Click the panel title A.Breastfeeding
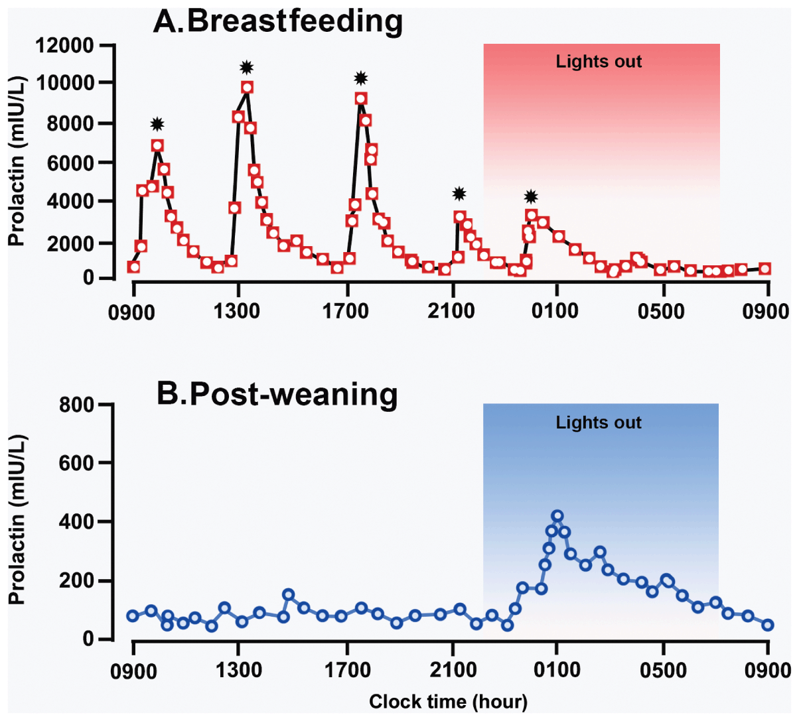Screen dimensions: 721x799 (x=277, y=21)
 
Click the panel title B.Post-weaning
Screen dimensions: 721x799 (x=277, y=394)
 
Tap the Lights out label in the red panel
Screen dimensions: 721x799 (x=599, y=62)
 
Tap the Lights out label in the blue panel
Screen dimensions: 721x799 (x=599, y=423)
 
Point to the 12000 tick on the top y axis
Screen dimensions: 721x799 (x=64, y=46)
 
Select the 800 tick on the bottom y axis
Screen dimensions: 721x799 (x=76, y=405)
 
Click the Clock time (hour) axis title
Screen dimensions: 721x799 (x=448, y=702)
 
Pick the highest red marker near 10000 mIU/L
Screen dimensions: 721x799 (x=248, y=88)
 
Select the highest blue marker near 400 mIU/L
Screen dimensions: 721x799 (x=557, y=516)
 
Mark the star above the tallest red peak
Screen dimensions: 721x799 (x=247, y=67)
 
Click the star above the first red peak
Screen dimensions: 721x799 (x=157, y=124)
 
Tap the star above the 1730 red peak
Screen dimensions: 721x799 (x=360, y=78)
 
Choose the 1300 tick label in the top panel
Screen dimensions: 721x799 (x=237, y=311)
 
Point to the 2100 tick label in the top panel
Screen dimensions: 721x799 (x=451, y=311)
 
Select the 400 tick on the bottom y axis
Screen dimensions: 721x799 (x=76, y=522)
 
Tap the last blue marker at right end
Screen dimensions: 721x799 (x=768, y=625)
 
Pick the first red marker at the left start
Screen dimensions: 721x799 (x=134, y=267)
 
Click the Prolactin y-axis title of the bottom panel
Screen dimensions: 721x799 (x=17, y=521)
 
